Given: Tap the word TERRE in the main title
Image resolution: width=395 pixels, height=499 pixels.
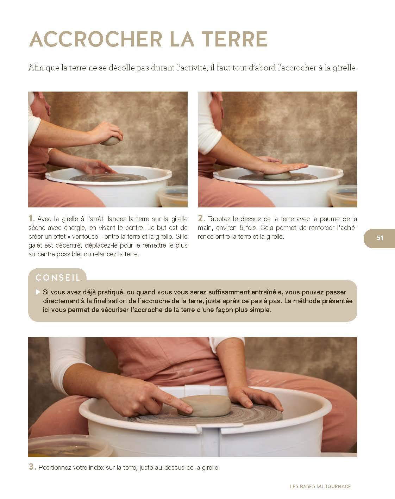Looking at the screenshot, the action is pyautogui.click(x=234, y=39).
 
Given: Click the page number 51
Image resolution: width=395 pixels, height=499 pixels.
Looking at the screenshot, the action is pyautogui.click(x=380, y=238).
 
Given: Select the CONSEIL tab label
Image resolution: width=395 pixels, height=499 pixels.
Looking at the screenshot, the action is pyautogui.click(x=58, y=277).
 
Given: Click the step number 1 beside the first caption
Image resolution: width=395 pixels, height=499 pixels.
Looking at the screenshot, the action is pyautogui.click(x=31, y=218).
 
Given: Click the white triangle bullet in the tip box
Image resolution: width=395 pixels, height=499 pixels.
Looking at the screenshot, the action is pyautogui.click(x=38, y=292).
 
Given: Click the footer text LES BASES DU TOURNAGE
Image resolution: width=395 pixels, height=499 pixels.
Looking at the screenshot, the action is pyautogui.click(x=320, y=486).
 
